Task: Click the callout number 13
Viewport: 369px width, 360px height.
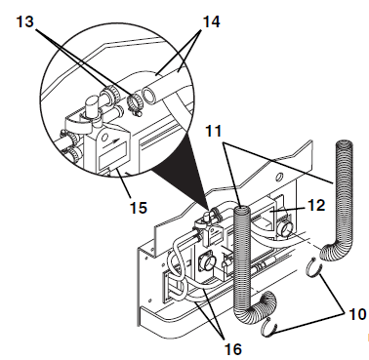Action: point(25,21)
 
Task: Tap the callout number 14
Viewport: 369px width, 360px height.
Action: point(212,21)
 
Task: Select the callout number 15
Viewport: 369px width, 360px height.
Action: point(139,207)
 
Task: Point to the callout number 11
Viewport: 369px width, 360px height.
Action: point(214,131)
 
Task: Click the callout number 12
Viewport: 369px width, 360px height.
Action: point(315,205)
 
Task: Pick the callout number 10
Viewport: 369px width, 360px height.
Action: point(357,314)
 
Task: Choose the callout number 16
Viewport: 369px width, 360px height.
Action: point(233,349)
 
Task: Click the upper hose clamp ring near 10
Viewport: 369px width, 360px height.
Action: point(314,267)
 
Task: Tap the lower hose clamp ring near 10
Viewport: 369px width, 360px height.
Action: point(269,328)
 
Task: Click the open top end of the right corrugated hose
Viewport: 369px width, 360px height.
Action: point(345,143)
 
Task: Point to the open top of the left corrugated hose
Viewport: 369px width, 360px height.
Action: point(242,207)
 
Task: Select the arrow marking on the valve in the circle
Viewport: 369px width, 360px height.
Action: point(114,142)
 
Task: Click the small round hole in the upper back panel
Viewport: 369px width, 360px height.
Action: point(279,178)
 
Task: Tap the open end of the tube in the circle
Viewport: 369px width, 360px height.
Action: point(150,97)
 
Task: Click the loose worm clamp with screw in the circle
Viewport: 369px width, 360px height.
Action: point(134,103)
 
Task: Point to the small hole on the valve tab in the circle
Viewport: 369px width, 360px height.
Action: point(104,138)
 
